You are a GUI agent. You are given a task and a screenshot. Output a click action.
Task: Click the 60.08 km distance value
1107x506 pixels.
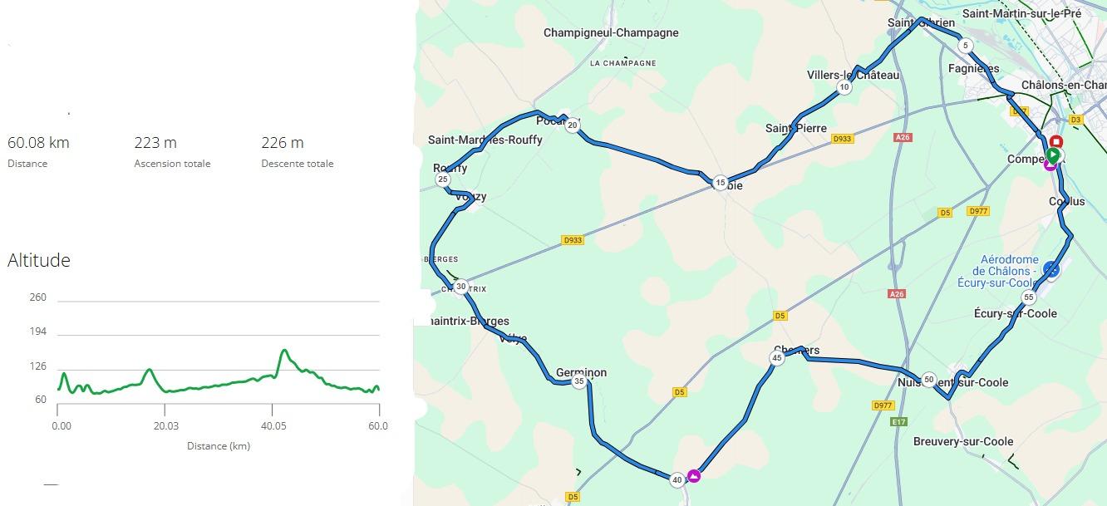[38, 143]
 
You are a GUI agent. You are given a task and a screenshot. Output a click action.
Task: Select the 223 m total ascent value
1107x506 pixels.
[155, 143]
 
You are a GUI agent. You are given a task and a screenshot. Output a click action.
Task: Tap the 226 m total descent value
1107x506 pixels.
[282, 143]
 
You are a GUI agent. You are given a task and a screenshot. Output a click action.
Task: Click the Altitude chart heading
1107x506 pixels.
[39, 260]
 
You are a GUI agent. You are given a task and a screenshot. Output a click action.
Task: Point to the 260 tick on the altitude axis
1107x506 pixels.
[38, 297]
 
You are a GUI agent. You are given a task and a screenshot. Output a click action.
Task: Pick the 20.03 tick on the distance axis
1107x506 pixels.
[165, 426]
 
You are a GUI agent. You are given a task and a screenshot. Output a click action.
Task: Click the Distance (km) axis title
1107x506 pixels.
[219, 446]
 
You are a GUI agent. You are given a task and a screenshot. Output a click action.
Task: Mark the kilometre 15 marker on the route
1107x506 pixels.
[720, 183]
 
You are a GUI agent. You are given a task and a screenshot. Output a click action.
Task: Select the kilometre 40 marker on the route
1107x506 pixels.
[676, 479]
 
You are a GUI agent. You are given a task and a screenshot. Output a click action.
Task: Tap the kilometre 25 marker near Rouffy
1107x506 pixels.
[443, 179]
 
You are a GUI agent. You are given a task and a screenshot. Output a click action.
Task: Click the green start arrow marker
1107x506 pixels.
[1053, 155]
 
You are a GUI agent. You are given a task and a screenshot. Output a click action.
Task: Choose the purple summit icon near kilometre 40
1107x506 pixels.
[694, 475]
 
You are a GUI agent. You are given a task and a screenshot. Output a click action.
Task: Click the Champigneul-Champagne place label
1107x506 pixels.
[611, 33]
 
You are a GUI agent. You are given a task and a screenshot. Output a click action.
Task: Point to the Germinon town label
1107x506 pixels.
[581, 373]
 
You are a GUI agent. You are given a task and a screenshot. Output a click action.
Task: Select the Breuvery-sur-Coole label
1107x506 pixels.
[963, 442]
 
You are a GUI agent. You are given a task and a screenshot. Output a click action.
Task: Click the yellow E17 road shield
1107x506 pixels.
[898, 422]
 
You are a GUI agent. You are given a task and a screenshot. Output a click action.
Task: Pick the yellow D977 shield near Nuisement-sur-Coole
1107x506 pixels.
[883, 405]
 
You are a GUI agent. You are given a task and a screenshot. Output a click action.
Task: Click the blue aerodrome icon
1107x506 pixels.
[1051, 268]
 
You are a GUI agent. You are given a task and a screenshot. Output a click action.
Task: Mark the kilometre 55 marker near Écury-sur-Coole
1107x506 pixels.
[1029, 297]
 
